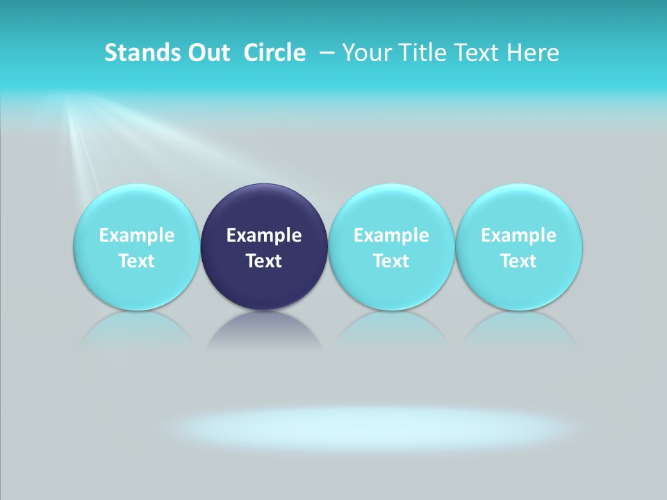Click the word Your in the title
tap(365, 53)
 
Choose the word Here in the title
tap(532, 53)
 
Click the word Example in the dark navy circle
tap(264, 236)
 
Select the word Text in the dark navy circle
tap(264, 261)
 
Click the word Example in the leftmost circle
tap(137, 236)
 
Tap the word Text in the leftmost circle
tap(137, 261)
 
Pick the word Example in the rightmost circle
tap(519, 236)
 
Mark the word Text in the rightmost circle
tap(519, 261)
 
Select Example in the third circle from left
tap(391, 236)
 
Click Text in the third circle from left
tap(391, 261)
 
